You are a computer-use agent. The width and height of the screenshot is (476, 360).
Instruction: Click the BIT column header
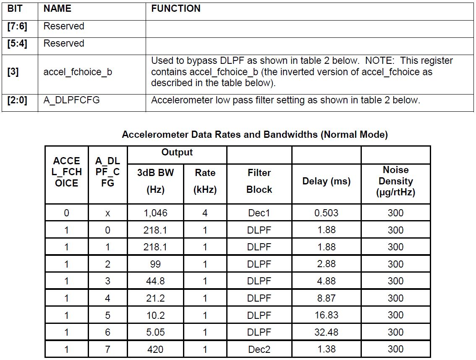15,8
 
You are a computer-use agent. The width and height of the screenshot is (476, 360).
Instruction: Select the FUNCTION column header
175,8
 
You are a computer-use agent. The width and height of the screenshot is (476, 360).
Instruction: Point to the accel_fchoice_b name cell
78,72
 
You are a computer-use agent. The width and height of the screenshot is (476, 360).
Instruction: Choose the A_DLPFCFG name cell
71,100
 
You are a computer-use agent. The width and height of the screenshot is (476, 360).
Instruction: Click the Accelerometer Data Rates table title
254,135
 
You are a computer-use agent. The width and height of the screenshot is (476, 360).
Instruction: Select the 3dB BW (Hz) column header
155,181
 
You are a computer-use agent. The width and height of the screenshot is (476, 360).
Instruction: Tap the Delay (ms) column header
326,181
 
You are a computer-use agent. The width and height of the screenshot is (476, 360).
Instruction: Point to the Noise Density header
395,181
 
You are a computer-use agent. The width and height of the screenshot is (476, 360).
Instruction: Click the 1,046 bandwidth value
155,213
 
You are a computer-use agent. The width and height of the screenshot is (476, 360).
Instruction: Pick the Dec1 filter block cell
259,213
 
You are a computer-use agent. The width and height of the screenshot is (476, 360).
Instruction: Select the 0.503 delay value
326,213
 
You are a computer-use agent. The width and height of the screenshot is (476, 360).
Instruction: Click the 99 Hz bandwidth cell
155,264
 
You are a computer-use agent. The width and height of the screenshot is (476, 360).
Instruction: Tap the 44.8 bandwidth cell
155,281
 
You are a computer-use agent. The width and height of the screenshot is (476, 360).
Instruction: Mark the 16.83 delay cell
326,315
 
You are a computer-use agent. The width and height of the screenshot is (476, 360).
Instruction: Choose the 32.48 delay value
326,332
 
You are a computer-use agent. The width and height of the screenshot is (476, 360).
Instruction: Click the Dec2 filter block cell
259,349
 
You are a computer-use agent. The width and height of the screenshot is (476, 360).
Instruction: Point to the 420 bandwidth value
155,349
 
